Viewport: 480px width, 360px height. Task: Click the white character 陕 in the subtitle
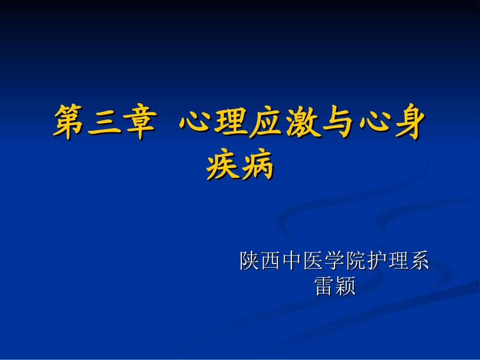click(250, 261)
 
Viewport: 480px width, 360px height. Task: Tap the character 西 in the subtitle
click(271, 261)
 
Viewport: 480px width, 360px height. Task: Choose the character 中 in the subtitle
click(292, 261)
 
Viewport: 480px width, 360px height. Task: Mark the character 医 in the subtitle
click(313, 261)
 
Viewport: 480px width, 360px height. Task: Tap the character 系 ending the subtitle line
click(419, 261)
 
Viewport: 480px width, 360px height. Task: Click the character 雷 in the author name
click(324, 285)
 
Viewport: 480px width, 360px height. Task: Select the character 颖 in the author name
click(346, 285)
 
